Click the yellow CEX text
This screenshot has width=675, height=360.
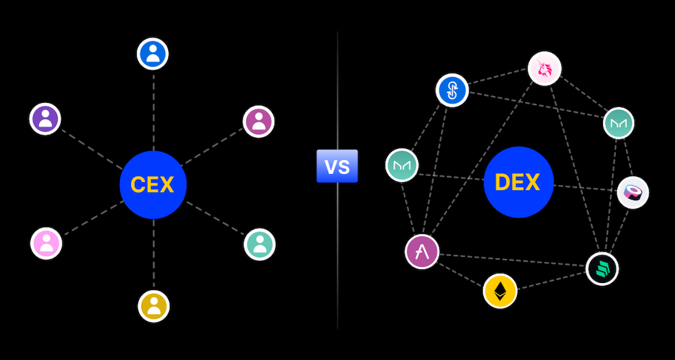coord(152,184)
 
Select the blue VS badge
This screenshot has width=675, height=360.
coord(337,166)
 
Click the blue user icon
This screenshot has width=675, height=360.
coord(153,54)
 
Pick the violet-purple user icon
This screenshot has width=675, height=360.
coord(45,119)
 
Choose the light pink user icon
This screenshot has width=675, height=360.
coord(46,243)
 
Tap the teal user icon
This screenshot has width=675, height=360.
coord(259,244)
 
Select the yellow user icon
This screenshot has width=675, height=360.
coord(154,306)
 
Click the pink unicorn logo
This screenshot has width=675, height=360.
coord(544,69)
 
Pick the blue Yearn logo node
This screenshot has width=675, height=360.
coord(452,90)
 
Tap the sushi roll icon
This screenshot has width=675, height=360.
coord(633,193)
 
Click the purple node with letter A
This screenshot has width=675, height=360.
coord(421,251)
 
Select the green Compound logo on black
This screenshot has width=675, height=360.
coord(602,268)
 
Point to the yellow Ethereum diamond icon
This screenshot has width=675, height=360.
coord(499,291)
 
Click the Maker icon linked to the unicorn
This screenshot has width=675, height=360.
coord(618,123)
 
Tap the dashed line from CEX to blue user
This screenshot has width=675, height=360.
coord(154,110)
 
